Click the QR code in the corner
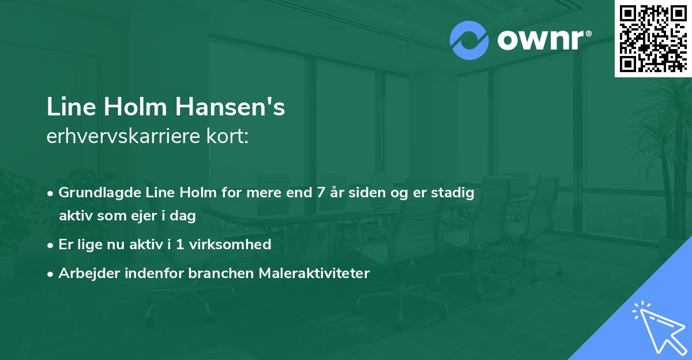(653, 38)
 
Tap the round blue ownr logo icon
(469, 40)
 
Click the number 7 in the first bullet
(321, 193)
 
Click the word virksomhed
(236, 245)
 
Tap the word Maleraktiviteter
(312, 273)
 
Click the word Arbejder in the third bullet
(84, 273)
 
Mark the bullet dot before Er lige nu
(51, 245)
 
